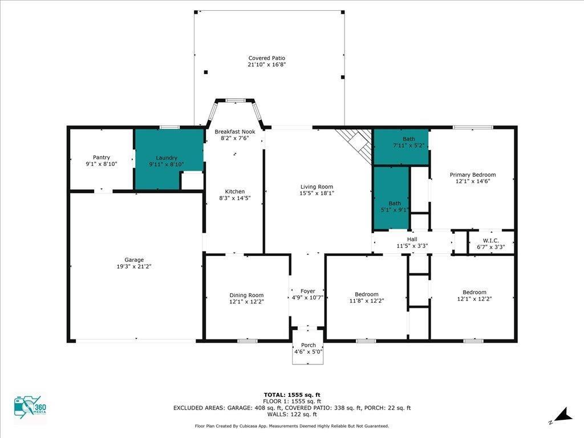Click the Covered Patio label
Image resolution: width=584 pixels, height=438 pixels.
(x=267, y=58)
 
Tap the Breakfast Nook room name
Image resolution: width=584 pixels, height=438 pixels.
(x=235, y=132)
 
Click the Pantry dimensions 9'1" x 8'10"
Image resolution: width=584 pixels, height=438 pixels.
(x=102, y=164)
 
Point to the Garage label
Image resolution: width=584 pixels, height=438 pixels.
(x=134, y=260)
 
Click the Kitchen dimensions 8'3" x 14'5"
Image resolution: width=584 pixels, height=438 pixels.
(x=234, y=198)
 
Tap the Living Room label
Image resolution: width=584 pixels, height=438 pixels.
(x=317, y=186)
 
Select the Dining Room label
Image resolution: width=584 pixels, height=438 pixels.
(x=246, y=295)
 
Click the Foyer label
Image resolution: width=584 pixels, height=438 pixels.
(x=307, y=291)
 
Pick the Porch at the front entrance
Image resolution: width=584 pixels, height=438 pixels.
(x=307, y=346)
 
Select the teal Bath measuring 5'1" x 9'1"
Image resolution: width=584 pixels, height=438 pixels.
(x=391, y=198)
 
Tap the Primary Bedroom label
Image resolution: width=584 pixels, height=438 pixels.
(x=473, y=175)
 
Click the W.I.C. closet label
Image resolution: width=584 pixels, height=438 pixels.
(x=491, y=241)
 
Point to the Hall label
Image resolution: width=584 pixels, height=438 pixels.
(x=412, y=239)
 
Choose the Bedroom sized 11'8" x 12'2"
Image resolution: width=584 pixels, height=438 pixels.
(x=367, y=297)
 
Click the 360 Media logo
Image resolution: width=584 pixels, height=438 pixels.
(x=30, y=407)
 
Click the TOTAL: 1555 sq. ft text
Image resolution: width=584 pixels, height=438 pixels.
(x=292, y=395)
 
